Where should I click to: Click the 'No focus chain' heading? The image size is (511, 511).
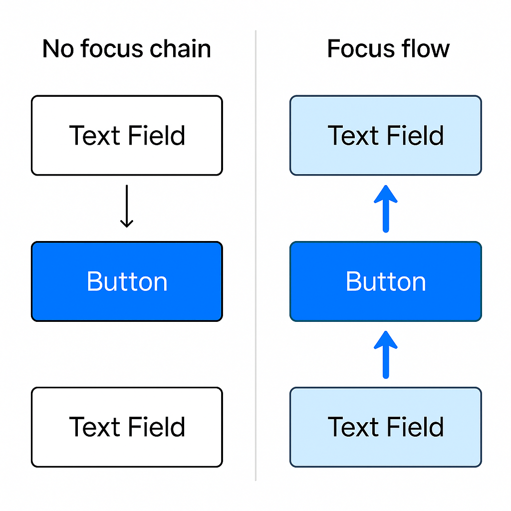(127, 49)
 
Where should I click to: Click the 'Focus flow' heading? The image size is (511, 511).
(388, 49)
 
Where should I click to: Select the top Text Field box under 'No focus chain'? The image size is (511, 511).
(127, 135)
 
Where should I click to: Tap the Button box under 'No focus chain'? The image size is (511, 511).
(127, 281)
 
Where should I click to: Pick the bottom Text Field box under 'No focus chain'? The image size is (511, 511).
(127, 427)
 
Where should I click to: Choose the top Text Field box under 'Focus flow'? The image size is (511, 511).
(386, 135)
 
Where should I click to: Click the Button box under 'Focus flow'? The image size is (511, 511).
(386, 281)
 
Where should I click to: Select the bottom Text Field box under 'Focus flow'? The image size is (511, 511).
(386, 427)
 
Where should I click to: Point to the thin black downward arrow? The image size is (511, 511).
(127, 206)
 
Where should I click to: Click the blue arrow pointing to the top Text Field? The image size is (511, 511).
(386, 208)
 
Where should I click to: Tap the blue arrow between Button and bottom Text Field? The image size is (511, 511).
(386, 354)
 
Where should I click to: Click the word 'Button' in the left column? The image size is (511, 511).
(127, 281)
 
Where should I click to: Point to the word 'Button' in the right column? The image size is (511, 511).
(386, 281)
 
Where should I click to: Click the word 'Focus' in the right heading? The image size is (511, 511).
(356, 49)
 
